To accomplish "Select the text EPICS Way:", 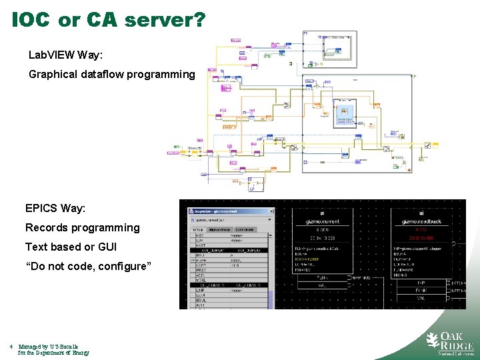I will (x=55, y=208).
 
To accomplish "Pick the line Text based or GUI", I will (x=71, y=247).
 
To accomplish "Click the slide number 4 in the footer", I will (x=12, y=346).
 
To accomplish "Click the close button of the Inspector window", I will (x=269, y=211).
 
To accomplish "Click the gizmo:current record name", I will (x=322, y=221).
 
